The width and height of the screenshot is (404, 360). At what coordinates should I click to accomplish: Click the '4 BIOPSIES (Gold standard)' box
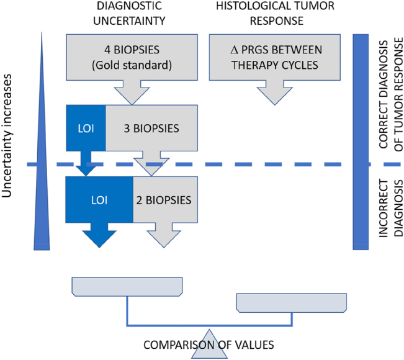click(132, 58)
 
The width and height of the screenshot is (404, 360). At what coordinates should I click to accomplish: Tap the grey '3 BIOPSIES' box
click(151, 129)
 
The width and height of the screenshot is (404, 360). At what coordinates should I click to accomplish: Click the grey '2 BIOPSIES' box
click(165, 200)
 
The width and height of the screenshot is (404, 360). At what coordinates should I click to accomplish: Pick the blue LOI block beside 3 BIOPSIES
click(86, 129)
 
